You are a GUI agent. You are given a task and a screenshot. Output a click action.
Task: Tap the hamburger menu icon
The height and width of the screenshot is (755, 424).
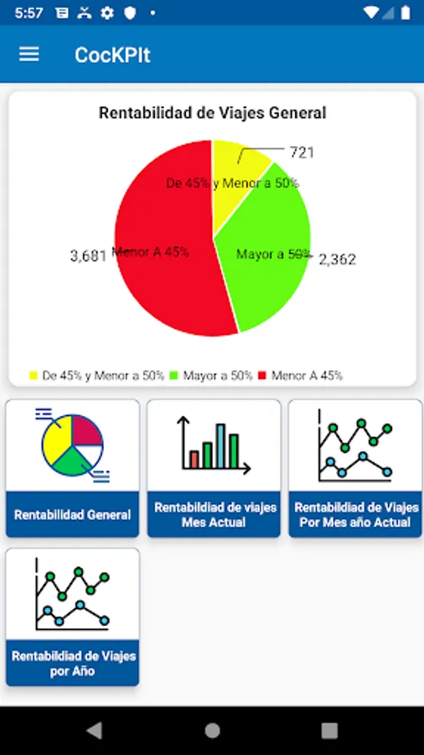tap(29, 54)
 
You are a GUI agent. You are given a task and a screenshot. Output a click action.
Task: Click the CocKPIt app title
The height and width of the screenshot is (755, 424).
tap(112, 55)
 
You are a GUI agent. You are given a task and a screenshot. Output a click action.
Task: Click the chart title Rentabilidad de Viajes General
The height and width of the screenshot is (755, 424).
tap(212, 112)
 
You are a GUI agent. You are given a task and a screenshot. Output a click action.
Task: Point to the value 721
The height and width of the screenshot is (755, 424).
tap(302, 152)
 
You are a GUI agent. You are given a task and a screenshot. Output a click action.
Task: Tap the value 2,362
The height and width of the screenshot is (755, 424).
tap(337, 260)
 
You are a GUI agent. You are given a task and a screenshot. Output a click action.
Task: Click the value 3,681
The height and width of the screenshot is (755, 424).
tap(88, 255)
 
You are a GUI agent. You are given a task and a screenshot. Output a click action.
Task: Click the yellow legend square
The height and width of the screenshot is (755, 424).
tap(34, 376)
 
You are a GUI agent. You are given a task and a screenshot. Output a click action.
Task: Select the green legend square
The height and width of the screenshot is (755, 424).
tap(174, 376)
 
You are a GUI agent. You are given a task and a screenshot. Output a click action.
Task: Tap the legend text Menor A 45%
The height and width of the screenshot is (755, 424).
tap(307, 376)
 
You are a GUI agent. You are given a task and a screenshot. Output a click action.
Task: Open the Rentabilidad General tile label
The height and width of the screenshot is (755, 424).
tap(72, 514)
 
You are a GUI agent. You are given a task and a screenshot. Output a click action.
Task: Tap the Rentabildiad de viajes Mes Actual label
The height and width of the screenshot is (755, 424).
tap(214, 514)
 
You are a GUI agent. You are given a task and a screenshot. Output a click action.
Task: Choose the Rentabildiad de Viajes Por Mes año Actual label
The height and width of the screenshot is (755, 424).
tap(355, 514)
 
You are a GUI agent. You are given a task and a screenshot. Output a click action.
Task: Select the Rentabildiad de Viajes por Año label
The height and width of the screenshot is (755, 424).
tap(72, 664)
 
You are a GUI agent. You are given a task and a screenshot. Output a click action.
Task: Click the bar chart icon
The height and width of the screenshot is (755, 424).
tap(214, 445)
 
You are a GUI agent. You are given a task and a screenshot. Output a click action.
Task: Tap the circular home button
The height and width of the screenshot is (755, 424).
tap(212, 730)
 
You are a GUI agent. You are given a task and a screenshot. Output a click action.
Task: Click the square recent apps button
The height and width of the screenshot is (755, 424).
tap(329, 730)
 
